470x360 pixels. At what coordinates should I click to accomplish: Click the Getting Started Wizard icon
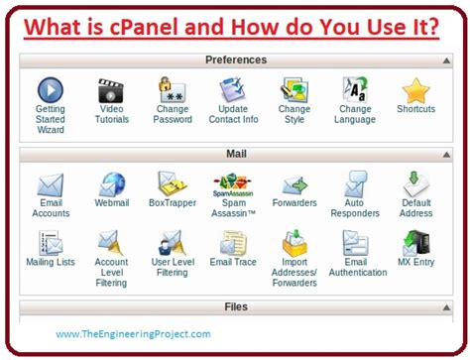pyautogui.click(x=51, y=91)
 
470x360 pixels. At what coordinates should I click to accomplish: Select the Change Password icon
pyautogui.click(x=172, y=91)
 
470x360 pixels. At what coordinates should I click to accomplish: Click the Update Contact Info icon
pyautogui.click(x=234, y=91)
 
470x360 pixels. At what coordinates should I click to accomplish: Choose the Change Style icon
pyautogui.click(x=294, y=91)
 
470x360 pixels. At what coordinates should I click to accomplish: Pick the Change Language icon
pyautogui.click(x=355, y=91)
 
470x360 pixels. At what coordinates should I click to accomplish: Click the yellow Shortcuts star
pyautogui.click(x=415, y=90)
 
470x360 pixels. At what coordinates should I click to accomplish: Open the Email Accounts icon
pyautogui.click(x=51, y=183)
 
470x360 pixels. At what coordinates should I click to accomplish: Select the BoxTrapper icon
pyautogui.click(x=172, y=183)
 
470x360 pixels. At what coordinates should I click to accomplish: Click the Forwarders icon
pyautogui.click(x=294, y=183)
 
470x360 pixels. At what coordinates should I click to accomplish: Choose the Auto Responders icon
pyautogui.click(x=355, y=183)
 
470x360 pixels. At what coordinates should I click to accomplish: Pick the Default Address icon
pyautogui.click(x=415, y=183)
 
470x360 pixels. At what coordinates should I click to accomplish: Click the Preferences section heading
pyautogui.click(x=235, y=60)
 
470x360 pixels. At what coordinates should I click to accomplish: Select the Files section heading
pyautogui.click(x=235, y=307)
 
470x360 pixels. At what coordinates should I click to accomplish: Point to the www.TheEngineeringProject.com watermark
pyautogui.click(x=133, y=333)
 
